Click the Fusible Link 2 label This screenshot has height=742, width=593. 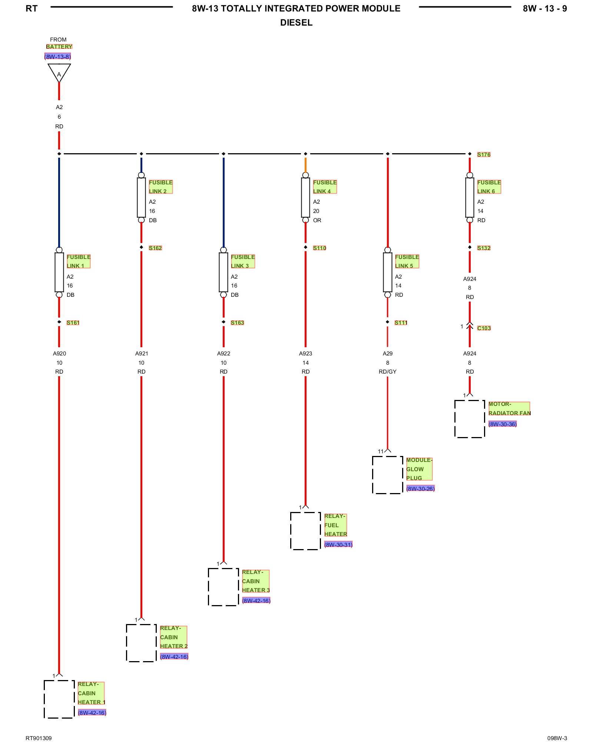(x=160, y=187)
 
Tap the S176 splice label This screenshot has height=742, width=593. (x=484, y=154)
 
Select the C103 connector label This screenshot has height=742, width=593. (x=484, y=328)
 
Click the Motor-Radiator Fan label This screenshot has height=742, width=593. (x=509, y=408)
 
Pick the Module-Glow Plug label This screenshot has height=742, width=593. (x=419, y=469)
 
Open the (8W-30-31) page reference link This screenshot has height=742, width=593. (x=338, y=545)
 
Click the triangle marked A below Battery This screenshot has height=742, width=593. (x=59, y=73)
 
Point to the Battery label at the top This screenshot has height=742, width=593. (x=59, y=47)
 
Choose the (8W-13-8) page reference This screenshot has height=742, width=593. (x=57, y=57)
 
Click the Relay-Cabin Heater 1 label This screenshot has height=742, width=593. (x=91, y=693)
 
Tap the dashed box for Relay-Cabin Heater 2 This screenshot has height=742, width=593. (x=141, y=643)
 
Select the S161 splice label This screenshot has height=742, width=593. (x=73, y=323)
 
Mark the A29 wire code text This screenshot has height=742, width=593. (x=388, y=354)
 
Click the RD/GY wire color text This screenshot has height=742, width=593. (x=388, y=372)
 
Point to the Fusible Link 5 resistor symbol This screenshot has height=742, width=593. (x=388, y=272)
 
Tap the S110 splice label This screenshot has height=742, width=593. (x=319, y=248)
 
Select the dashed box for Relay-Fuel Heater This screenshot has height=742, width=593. (x=305, y=531)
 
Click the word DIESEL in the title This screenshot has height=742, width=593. (x=296, y=23)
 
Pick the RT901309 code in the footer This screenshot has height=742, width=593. (x=39, y=738)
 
